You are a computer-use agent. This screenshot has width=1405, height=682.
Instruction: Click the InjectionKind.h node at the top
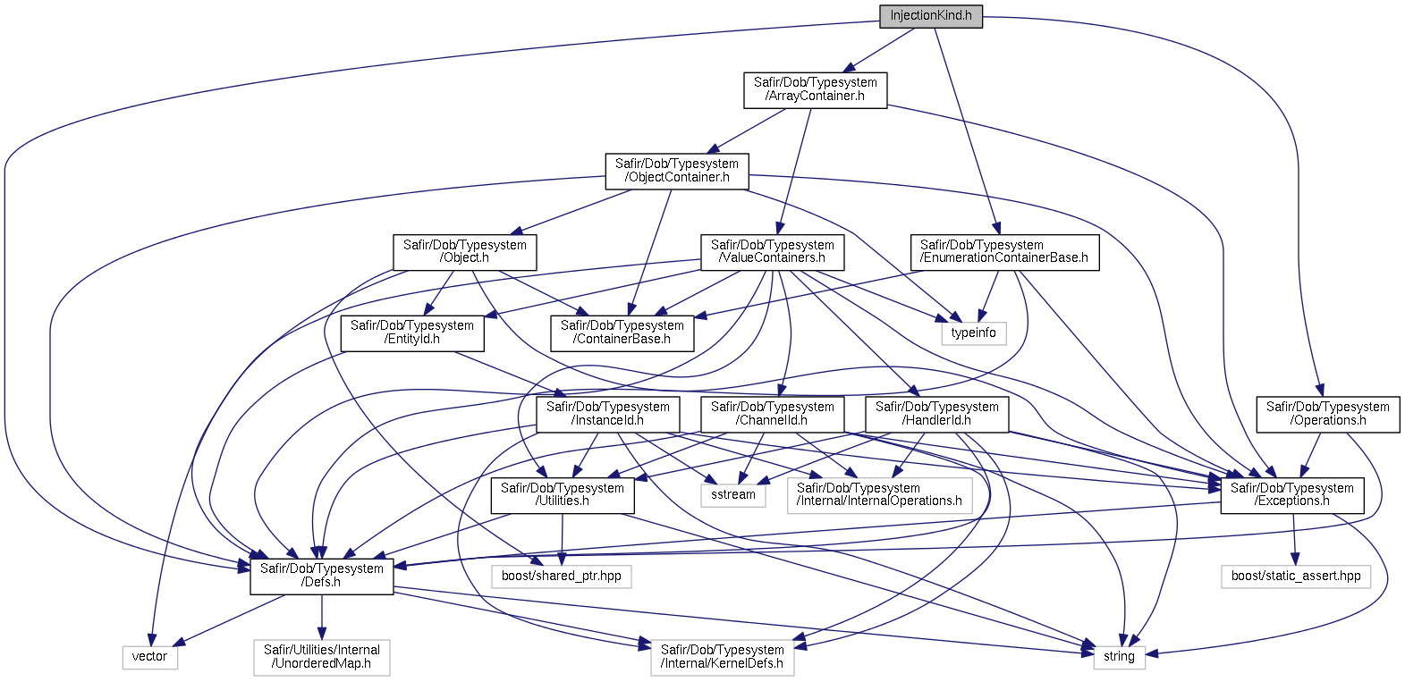pyautogui.click(x=930, y=16)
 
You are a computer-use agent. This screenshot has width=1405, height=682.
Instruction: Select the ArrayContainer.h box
pyautogui.click(x=815, y=89)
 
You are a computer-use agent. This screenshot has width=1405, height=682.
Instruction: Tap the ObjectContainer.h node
pyautogui.click(x=677, y=171)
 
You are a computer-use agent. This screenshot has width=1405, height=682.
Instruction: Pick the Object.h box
pyautogui.click(x=464, y=252)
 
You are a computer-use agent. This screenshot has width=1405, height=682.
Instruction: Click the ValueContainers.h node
pyautogui.click(x=772, y=252)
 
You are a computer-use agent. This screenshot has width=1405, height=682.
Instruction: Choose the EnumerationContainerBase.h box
pyautogui.click(x=1003, y=252)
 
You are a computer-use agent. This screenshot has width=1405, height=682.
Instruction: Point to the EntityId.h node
pyautogui.click(x=412, y=333)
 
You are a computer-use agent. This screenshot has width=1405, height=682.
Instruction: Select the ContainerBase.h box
pyautogui.click(x=622, y=333)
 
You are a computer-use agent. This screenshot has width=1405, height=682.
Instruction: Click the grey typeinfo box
pyautogui.click(x=973, y=333)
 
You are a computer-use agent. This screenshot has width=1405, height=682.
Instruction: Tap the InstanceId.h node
pyautogui.click(x=608, y=414)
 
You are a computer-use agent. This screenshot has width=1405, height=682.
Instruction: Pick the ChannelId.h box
pyautogui.click(x=772, y=414)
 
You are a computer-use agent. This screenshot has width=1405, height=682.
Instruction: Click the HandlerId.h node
pyautogui.click(x=936, y=414)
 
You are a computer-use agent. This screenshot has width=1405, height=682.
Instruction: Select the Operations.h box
pyautogui.click(x=1327, y=414)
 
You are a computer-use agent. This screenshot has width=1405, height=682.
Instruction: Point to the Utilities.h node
pyautogui.click(x=562, y=495)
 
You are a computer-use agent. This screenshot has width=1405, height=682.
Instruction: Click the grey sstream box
pyautogui.click(x=732, y=494)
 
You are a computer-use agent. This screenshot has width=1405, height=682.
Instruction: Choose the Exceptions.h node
pyautogui.click(x=1291, y=494)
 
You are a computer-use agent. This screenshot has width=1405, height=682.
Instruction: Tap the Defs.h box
pyautogui.click(x=321, y=576)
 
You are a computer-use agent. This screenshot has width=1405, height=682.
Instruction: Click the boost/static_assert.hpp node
pyautogui.click(x=1295, y=576)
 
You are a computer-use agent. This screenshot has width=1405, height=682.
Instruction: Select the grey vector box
pyautogui.click(x=149, y=656)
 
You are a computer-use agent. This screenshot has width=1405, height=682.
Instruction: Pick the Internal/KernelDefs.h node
pyautogui.click(x=722, y=657)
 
